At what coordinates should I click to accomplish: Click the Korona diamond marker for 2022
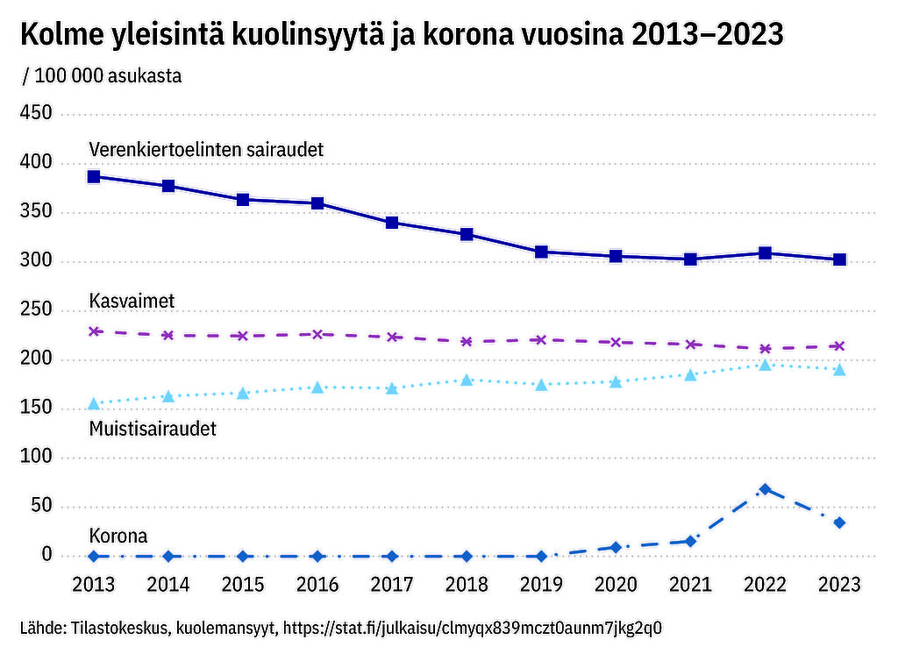pyautogui.click(x=765, y=489)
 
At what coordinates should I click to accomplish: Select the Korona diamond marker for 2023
pyautogui.click(x=839, y=522)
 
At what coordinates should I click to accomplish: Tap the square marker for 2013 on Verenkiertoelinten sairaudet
pyautogui.click(x=94, y=176)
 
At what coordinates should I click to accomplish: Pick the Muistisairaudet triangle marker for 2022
pyautogui.click(x=765, y=365)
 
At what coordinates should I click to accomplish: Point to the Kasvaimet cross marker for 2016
pyautogui.click(x=317, y=334)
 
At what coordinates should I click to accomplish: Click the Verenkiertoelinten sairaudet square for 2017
pyautogui.click(x=392, y=223)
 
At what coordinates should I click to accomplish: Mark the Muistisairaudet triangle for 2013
pyautogui.click(x=94, y=403)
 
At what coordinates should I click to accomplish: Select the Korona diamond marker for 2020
pyautogui.click(x=616, y=547)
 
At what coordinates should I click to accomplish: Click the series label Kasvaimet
pyautogui.click(x=132, y=301)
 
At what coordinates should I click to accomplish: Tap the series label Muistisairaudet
pyautogui.click(x=153, y=429)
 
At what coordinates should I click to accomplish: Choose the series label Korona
pyautogui.click(x=118, y=536)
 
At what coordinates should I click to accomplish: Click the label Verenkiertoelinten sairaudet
pyautogui.click(x=207, y=149)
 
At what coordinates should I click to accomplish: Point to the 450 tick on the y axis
pyautogui.click(x=36, y=114)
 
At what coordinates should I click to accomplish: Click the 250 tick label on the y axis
pyautogui.click(x=36, y=310)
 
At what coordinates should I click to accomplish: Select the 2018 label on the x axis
pyautogui.click(x=467, y=583)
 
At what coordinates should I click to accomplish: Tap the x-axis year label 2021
pyautogui.click(x=690, y=583)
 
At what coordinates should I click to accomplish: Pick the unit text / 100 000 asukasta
pyautogui.click(x=103, y=75)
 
